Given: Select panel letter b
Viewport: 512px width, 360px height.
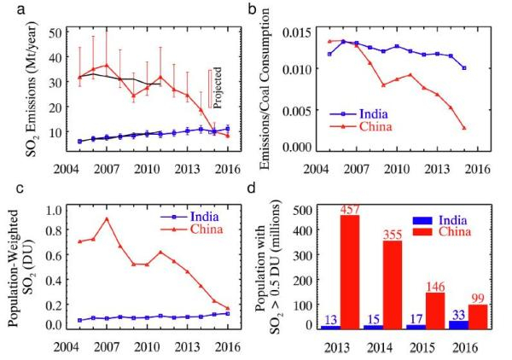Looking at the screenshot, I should (253, 9).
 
